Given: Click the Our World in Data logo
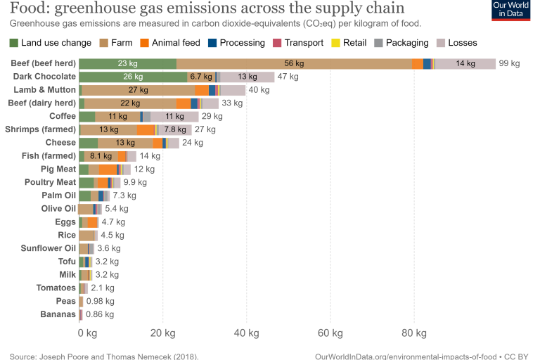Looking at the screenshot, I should click(510, 11).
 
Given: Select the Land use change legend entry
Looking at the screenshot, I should click(51, 43).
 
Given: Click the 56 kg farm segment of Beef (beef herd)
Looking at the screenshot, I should click(293, 63).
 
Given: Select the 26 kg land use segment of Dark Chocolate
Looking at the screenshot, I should click(133, 77).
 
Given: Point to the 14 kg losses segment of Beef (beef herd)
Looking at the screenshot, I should click(465, 63).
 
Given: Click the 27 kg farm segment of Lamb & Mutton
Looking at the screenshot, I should click(139, 90).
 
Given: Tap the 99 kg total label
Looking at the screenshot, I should click(509, 63).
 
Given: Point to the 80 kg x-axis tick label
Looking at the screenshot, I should click(413, 332).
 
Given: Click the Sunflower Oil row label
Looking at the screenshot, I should click(48, 248).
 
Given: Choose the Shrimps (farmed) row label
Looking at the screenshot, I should click(40, 129).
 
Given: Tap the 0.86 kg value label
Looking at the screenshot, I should click(99, 314).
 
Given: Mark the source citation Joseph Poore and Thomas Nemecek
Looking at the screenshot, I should click(104, 356).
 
